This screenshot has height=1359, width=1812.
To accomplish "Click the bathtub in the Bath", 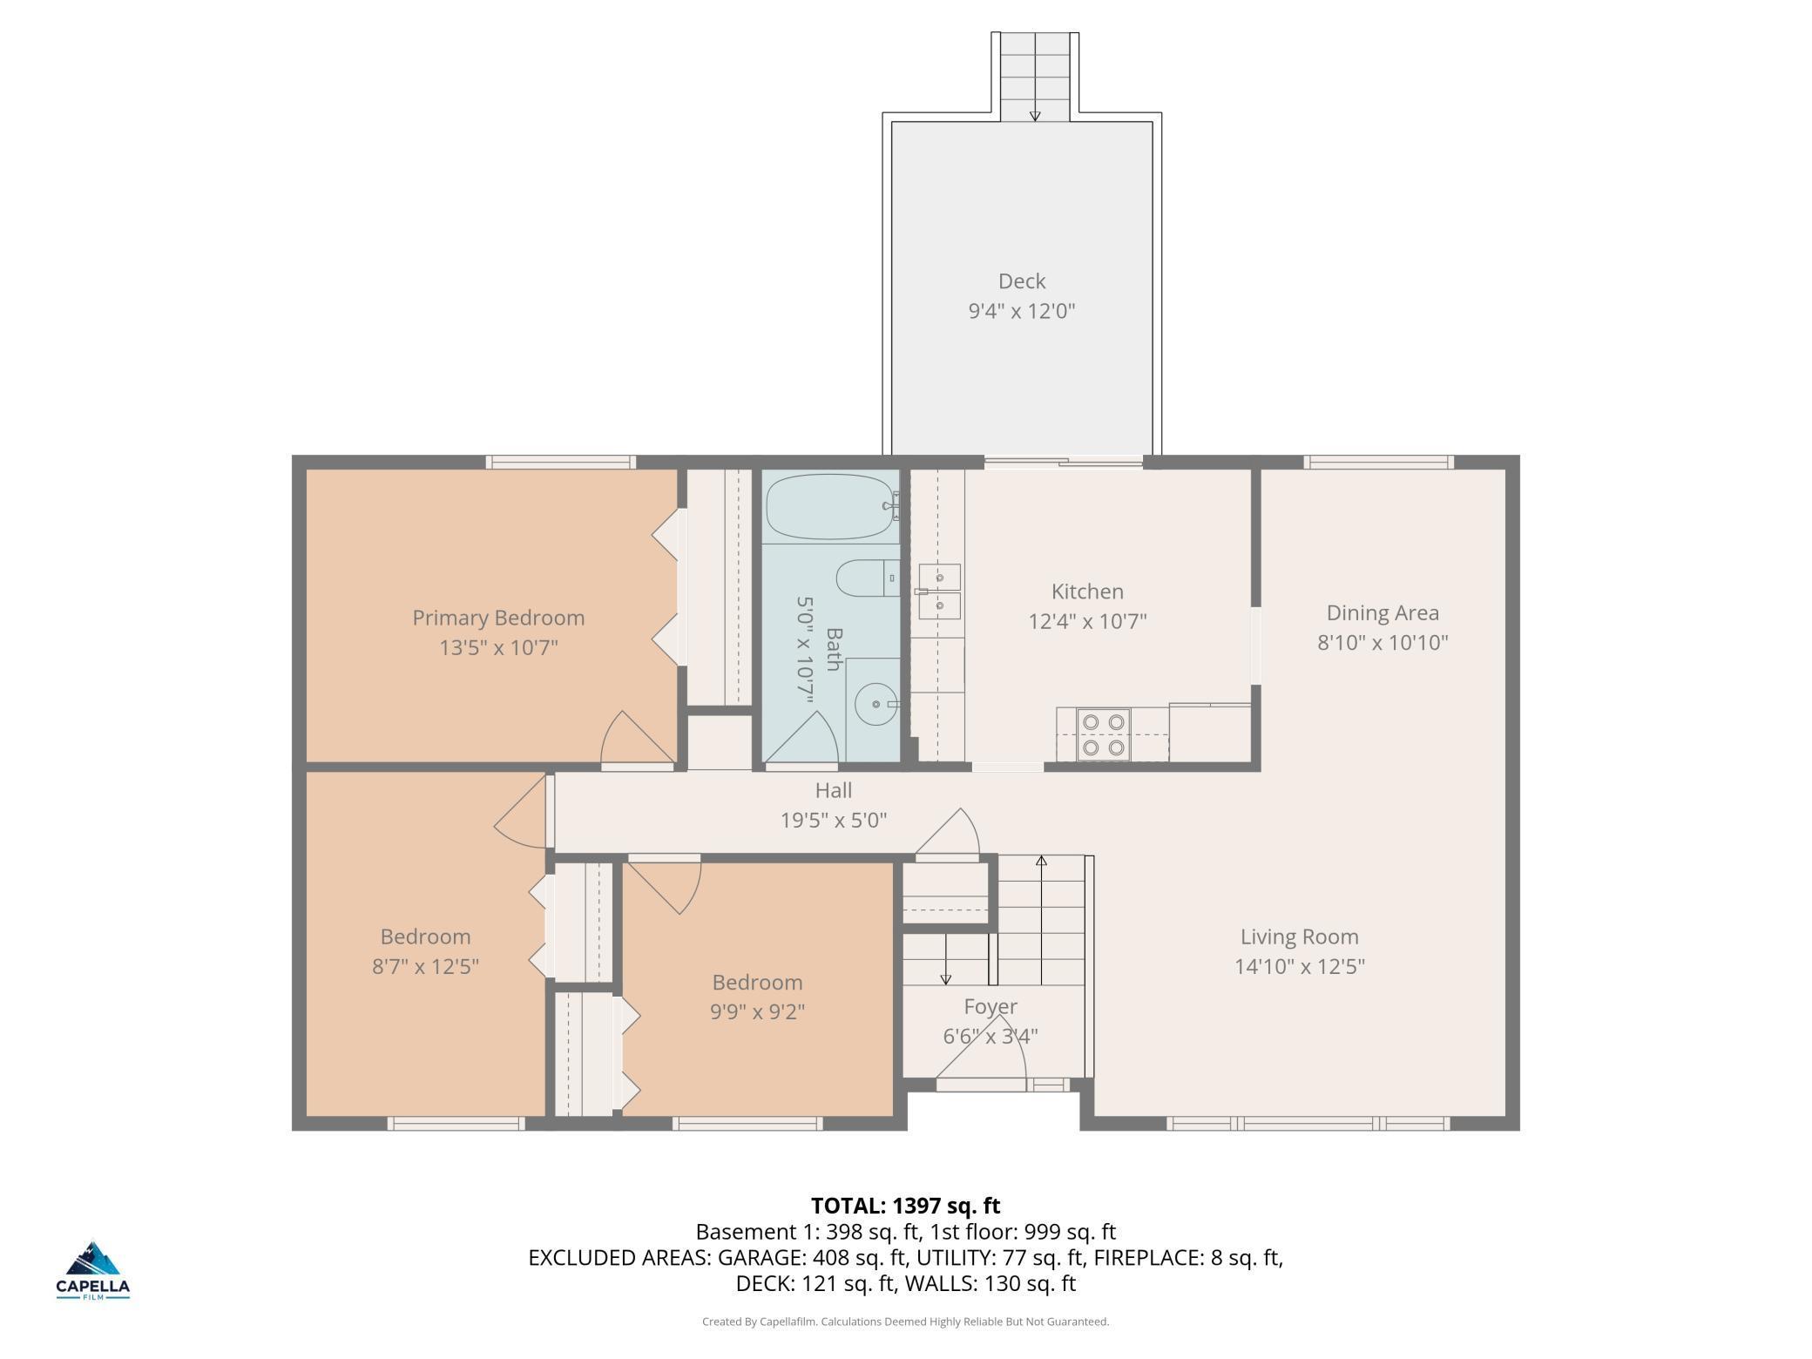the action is click(832, 507).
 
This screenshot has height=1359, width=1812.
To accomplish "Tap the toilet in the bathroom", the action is click(868, 578).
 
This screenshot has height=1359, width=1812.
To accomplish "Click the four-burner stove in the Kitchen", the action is click(1104, 734).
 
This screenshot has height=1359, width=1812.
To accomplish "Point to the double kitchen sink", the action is click(939, 592).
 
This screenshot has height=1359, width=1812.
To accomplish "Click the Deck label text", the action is click(1022, 281).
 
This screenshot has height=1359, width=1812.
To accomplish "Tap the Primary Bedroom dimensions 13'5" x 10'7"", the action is click(498, 648).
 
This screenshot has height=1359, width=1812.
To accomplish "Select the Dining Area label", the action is click(1383, 613).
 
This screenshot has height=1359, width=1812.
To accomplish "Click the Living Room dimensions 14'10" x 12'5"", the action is click(1300, 967).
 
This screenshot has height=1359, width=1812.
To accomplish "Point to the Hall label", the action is click(834, 790).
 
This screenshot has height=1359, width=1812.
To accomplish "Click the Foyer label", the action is click(991, 1007).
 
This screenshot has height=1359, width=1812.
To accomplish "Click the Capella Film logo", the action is click(93, 1270).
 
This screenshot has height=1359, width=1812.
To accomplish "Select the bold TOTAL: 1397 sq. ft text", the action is click(905, 1206).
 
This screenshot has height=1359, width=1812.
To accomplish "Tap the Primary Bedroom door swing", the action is click(638, 740).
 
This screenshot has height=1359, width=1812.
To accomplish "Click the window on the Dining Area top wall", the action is click(1378, 462).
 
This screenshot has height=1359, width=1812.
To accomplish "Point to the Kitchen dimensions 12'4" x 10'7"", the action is click(1087, 622).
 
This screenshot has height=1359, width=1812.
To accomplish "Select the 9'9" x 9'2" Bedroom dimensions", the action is click(757, 1012).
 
